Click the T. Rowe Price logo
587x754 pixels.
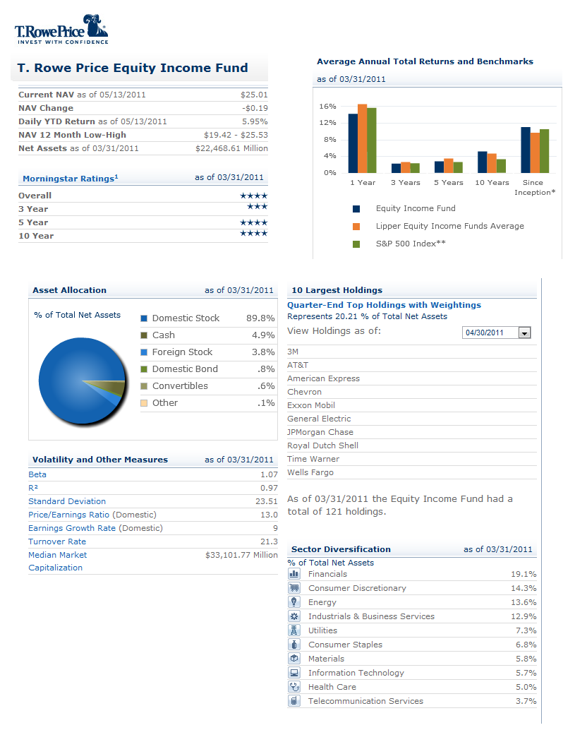click(61, 29)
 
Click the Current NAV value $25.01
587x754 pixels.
click(254, 95)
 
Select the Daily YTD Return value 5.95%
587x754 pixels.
click(255, 121)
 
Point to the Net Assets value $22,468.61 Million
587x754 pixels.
click(231, 148)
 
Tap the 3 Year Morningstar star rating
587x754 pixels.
click(257, 208)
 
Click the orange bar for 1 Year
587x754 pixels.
click(362, 138)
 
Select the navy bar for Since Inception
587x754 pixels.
click(526, 150)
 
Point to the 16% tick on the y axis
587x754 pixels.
click(327, 107)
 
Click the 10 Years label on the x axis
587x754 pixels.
click(492, 183)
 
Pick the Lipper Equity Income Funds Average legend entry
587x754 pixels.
click(449, 226)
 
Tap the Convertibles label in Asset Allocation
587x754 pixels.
click(180, 386)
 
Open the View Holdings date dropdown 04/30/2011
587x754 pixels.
click(497, 333)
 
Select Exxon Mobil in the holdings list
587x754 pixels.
click(311, 405)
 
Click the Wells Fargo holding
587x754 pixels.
click(310, 472)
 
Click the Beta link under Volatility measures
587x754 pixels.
click(37, 474)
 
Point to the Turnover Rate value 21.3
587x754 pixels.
click(269, 541)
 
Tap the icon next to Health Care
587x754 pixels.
click(295, 686)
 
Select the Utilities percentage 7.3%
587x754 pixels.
click(525, 630)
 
